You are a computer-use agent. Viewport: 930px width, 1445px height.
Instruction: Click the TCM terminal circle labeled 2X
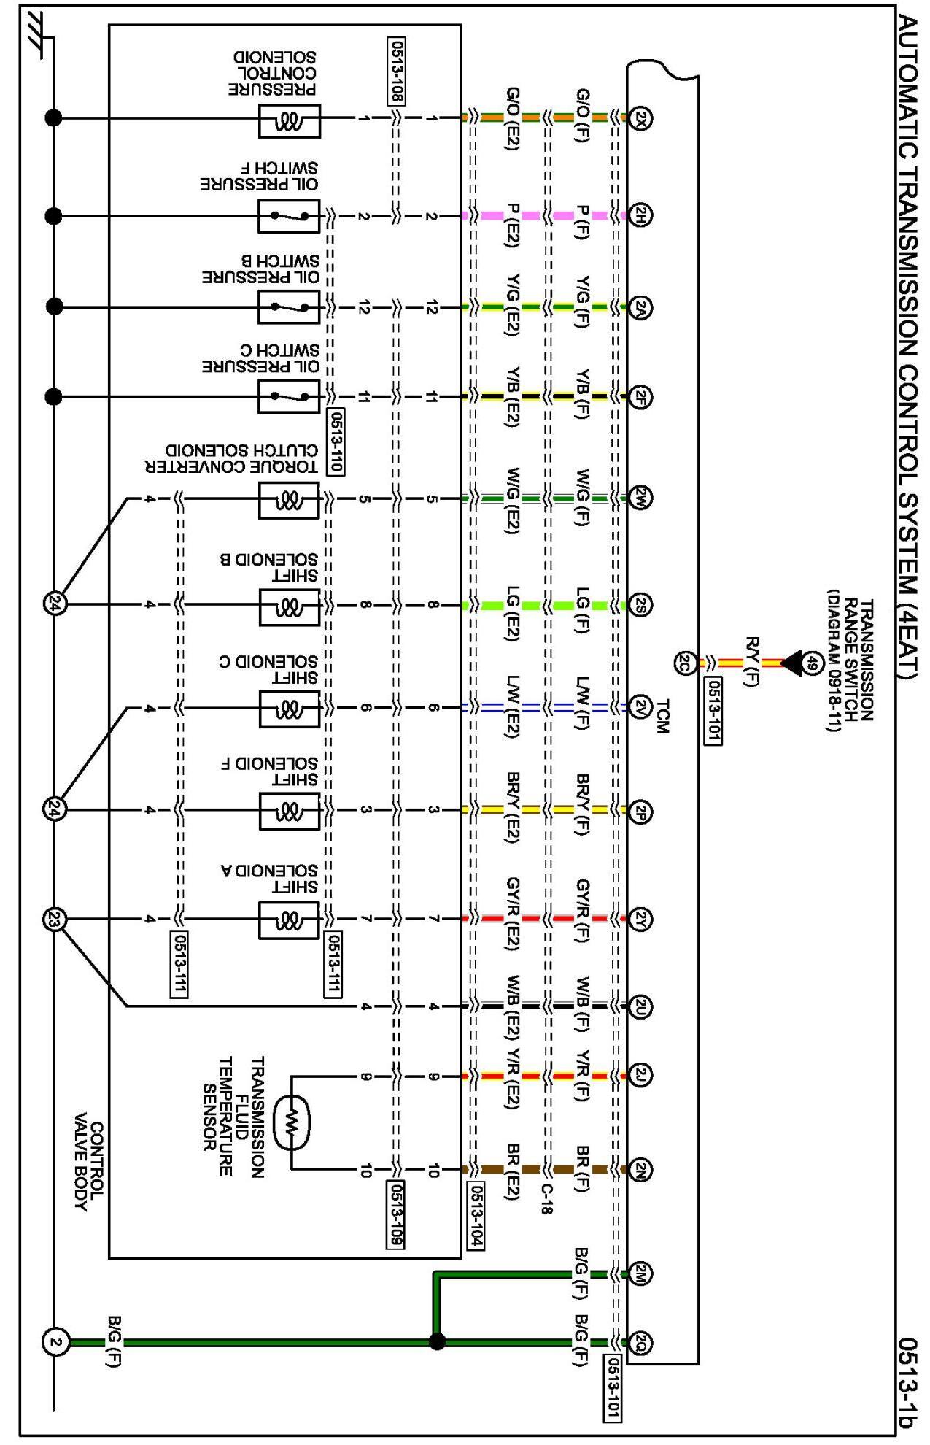[x=640, y=117]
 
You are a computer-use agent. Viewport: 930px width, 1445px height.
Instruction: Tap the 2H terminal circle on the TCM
[x=640, y=215]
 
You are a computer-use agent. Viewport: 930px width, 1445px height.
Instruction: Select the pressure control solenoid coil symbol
[x=290, y=120]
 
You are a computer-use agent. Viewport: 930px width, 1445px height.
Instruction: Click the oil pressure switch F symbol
[x=289, y=216]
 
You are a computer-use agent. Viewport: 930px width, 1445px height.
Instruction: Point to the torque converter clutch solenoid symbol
[x=290, y=501]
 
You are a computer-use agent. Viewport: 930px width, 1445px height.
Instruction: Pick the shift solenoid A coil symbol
[x=290, y=920]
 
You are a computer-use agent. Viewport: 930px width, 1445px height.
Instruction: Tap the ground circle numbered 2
[x=55, y=1342]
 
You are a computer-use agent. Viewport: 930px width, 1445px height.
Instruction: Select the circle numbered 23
[x=55, y=920]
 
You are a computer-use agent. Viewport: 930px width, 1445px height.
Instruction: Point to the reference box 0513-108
[x=397, y=71]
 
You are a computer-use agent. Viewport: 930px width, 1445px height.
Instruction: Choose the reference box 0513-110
[x=336, y=442]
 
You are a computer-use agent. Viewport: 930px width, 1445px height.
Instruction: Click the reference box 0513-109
[x=395, y=1214]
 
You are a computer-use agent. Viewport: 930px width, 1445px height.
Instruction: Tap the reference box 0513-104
[x=476, y=1215]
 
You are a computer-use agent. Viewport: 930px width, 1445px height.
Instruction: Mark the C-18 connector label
[x=546, y=1199]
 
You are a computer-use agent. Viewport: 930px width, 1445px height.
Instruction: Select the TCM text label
[x=662, y=716]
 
